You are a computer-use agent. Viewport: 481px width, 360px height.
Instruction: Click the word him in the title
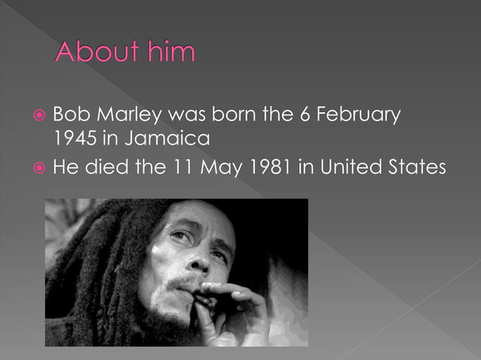point(173,53)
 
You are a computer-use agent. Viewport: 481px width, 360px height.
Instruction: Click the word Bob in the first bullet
point(72,116)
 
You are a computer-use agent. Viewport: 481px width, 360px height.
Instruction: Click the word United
point(354,166)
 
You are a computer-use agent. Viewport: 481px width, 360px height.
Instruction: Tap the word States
point(419,166)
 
